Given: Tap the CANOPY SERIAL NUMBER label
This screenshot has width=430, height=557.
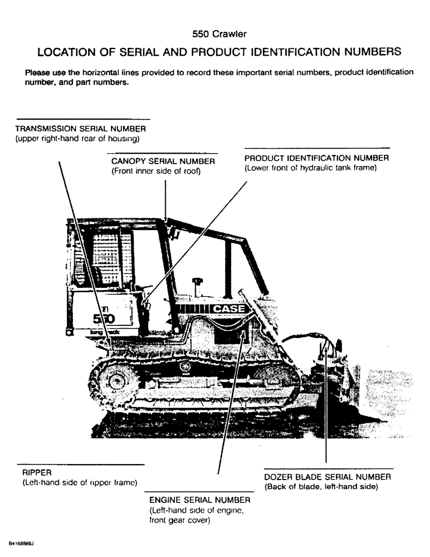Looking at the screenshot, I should point(163,162).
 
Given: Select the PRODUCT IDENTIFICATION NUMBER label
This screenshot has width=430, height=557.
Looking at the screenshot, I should point(316,158).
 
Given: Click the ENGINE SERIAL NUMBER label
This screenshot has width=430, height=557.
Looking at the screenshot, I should point(199,500).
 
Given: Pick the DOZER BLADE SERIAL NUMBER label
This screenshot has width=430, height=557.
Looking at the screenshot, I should point(328,477).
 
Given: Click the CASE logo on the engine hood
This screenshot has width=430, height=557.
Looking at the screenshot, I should point(229,309).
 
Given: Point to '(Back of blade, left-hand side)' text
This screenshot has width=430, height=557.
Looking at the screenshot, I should point(321,487).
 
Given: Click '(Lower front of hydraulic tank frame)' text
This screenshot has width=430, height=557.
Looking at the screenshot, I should point(310,168).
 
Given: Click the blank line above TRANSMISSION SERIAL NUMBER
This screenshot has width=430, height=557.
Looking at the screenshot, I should point(84,119).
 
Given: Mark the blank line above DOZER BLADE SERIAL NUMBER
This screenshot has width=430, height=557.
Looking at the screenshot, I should point(328,468).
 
